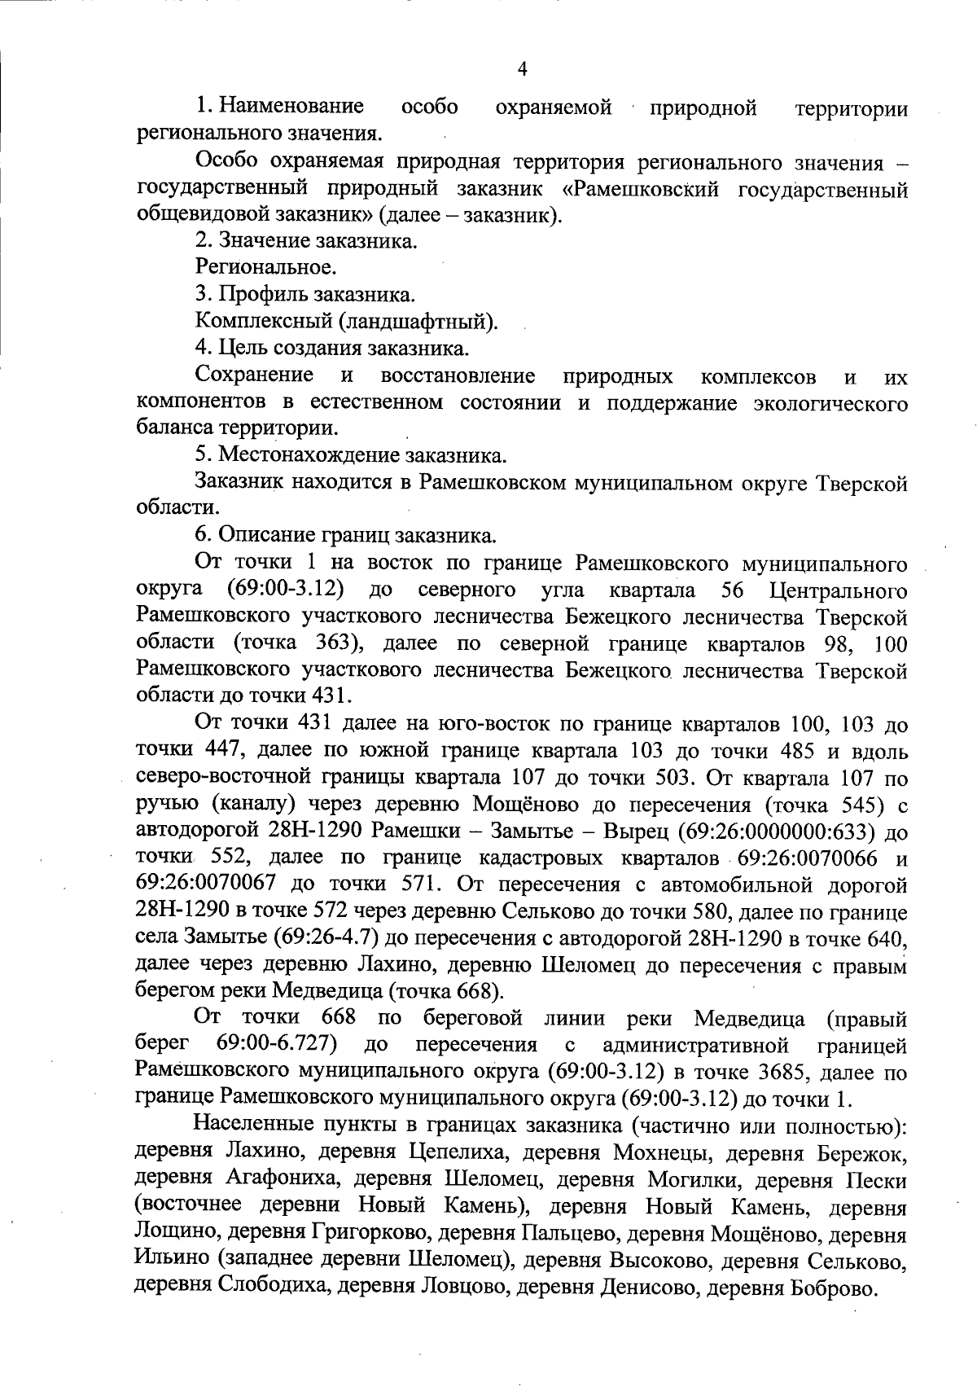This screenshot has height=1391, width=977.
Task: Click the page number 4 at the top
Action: pos(522,69)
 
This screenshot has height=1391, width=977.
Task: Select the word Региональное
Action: pos(265,266)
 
